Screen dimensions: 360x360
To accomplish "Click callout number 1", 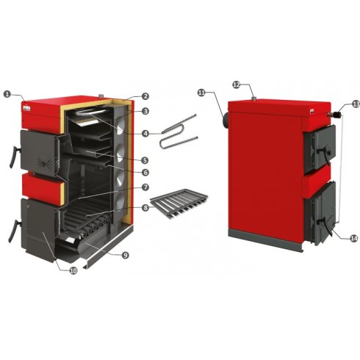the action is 7,94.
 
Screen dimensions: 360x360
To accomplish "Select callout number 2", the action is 145,96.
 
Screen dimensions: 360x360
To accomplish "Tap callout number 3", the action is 145,111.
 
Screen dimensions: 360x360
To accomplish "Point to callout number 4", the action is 145,133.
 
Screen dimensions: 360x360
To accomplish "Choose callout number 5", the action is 145,160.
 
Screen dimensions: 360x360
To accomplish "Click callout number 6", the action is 145,173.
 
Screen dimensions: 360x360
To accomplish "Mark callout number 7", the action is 145,187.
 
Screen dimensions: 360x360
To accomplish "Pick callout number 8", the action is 145,208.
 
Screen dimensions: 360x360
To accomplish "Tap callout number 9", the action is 125,255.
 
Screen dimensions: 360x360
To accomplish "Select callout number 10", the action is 73,270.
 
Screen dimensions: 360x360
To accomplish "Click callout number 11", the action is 201,93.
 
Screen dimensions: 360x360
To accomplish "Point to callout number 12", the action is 237,84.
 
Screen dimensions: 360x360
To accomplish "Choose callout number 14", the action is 354,238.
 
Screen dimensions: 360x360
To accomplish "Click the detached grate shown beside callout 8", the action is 179,204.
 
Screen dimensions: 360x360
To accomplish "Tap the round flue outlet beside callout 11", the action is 225,120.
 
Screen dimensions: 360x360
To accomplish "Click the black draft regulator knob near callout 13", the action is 337,115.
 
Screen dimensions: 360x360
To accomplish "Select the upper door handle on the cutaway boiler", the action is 15,156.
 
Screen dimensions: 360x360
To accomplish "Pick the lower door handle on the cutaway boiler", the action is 14,231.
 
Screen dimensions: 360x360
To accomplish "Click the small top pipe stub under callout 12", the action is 254,98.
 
